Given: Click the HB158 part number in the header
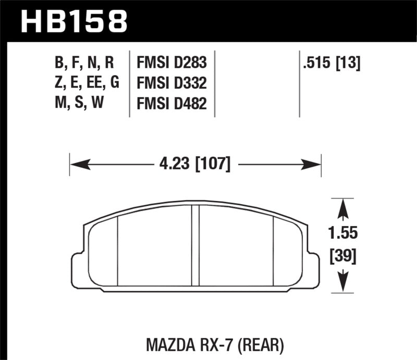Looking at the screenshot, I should point(73,21).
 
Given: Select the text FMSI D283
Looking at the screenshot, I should point(171,63).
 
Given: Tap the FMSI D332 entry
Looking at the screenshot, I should point(171,83).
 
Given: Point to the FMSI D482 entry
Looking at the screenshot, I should point(171,104).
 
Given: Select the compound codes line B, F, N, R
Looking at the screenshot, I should point(83,63).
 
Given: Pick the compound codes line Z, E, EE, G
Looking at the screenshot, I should point(86,83).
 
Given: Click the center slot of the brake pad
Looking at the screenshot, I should point(195,245).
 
